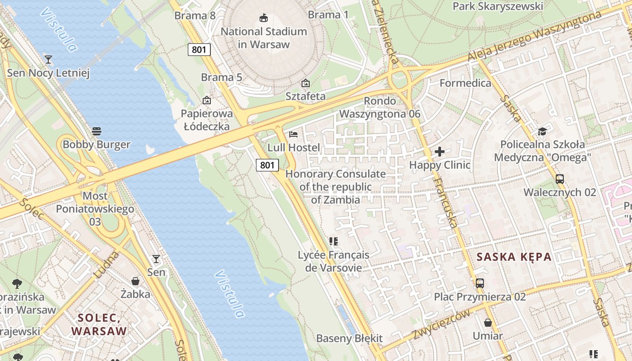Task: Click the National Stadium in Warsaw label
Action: click(x=264, y=38)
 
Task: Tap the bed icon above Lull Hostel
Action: click(x=293, y=134)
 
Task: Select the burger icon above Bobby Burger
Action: click(x=96, y=131)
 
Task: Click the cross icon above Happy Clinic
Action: click(x=440, y=152)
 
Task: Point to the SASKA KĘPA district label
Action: click(x=514, y=257)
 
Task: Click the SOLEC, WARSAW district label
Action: click(x=99, y=324)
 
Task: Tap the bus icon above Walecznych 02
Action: click(x=560, y=179)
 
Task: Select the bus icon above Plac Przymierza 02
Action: click(x=480, y=283)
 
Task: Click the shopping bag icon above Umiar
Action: click(x=488, y=323)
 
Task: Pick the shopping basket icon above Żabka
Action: click(x=135, y=281)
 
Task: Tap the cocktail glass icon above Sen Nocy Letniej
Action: click(x=48, y=59)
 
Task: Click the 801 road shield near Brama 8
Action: click(x=199, y=50)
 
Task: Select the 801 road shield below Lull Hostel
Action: click(x=267, y=165)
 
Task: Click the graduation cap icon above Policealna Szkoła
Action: click(x=542, y=131)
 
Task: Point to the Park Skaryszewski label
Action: click(x=497, y=6)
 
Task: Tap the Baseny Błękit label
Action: click(x=349, y=338)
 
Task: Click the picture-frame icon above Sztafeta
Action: click(x=306, y=83)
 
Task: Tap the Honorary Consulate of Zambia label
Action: click(x=335, y=187)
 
